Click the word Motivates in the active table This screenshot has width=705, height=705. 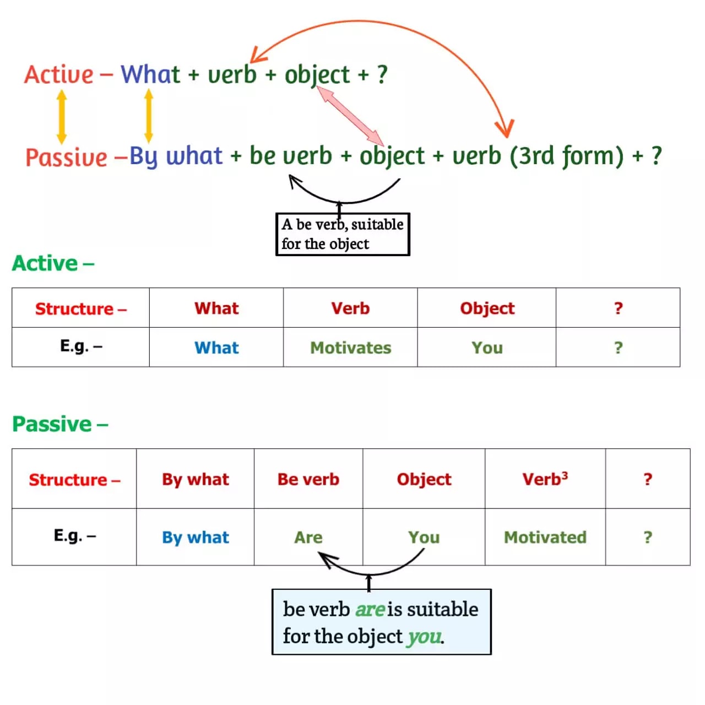tap(351, 348)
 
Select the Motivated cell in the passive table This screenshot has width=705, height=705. tap(545, 537)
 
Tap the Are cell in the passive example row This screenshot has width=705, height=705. tap(308, 537)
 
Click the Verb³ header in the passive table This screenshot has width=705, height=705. tap(545, 479)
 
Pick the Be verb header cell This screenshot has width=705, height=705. tap(308, 479)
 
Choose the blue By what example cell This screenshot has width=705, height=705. tap(196, 537)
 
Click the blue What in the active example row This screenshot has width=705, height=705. tap(216, 348)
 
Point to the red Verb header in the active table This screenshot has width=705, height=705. tap(350, 308)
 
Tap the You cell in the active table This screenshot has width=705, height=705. tap(487, 348)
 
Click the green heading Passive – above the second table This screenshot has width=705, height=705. tap(60, 424)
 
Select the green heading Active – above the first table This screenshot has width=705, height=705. tap(53, 263)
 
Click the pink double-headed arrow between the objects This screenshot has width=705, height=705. tap(351, 116)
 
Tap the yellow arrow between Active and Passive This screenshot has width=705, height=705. tap(62, 117)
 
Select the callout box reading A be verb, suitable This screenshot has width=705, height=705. tap(343, 234)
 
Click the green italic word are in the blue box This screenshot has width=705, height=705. tap(370, 609)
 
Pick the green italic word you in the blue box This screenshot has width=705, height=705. tap(424, 637)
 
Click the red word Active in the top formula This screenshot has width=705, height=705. tap(59, 75)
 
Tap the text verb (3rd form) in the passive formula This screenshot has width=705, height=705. tap(538, 156)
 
